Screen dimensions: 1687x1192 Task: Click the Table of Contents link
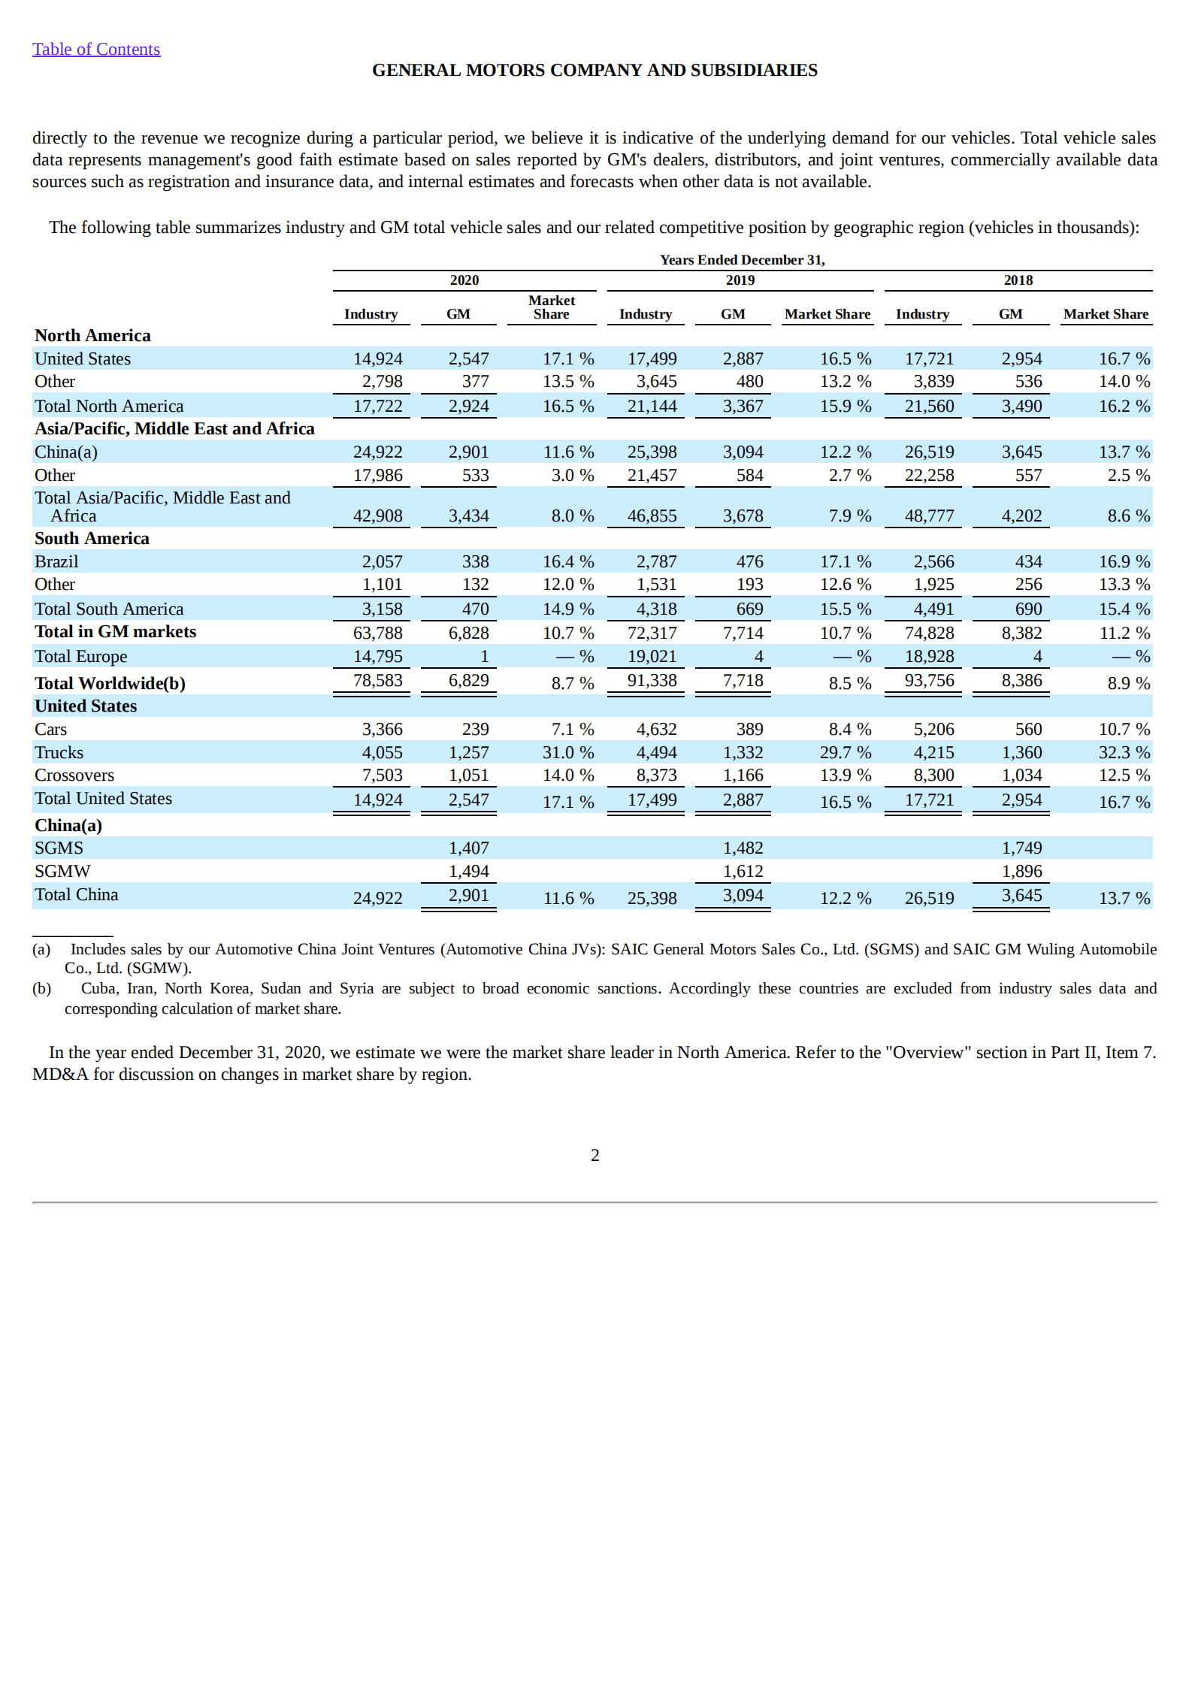tap(96, 50)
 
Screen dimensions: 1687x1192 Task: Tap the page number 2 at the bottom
tap(595, 1155)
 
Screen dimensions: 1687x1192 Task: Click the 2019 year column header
tap(740, 280)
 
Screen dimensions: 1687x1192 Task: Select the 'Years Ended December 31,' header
tap(742, 260)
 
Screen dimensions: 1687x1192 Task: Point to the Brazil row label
tap(56, 562)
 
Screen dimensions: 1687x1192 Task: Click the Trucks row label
tap(59, 753)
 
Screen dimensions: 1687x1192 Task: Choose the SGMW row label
tap(62, 872)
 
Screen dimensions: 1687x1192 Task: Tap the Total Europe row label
tap(80, 657)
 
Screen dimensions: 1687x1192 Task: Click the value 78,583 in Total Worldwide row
tap(378, 681)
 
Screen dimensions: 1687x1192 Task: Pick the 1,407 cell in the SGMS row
tap(468, 848)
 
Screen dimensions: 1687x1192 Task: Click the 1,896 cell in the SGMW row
tap(1021, 872)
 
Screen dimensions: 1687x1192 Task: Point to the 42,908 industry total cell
tap(378, 516)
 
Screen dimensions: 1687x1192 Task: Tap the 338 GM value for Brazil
tap(475, 562)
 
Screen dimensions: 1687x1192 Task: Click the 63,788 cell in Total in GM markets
tap(378, 633)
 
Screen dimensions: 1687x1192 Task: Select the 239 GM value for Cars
tap(475, 730)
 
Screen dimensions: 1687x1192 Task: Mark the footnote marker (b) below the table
tap(41, 989)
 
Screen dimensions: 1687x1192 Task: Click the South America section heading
tap(92, 539)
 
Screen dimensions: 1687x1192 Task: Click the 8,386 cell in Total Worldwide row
tap(1021, 681)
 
